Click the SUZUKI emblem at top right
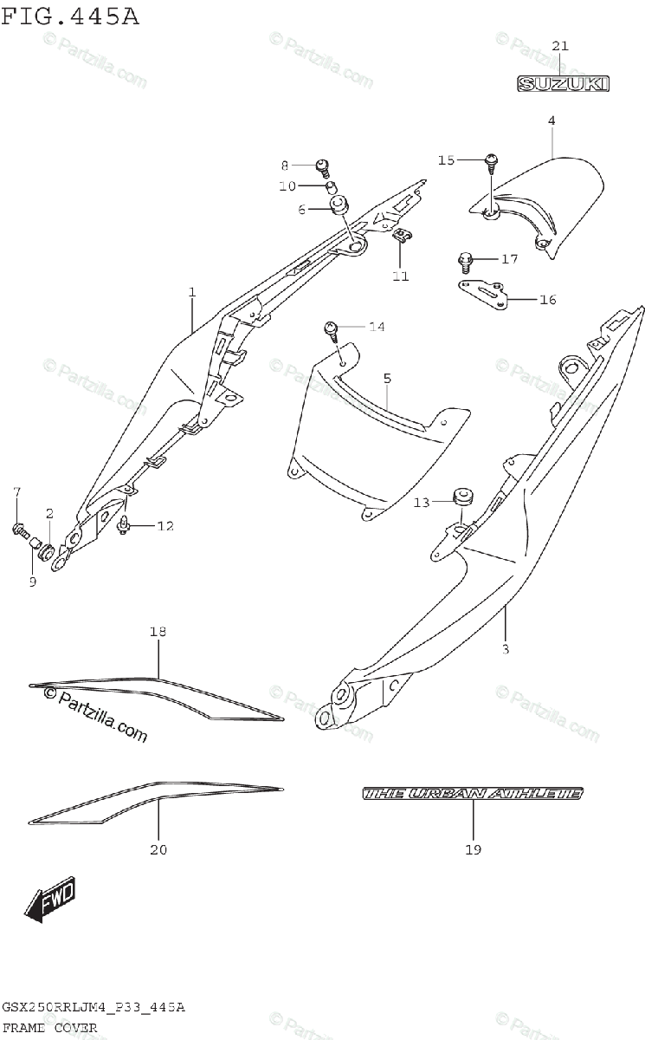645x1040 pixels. (564, 83)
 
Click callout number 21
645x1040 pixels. (559, 45)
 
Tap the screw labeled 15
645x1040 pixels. (492, 159)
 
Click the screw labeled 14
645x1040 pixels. (332, 328)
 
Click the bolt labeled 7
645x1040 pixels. (19, 529)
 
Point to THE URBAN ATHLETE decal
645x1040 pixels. (473, 793)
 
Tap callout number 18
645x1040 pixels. (157, 632)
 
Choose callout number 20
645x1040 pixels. (158, 850)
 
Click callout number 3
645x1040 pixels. (506, 649)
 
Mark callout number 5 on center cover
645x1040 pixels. (387, 378)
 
